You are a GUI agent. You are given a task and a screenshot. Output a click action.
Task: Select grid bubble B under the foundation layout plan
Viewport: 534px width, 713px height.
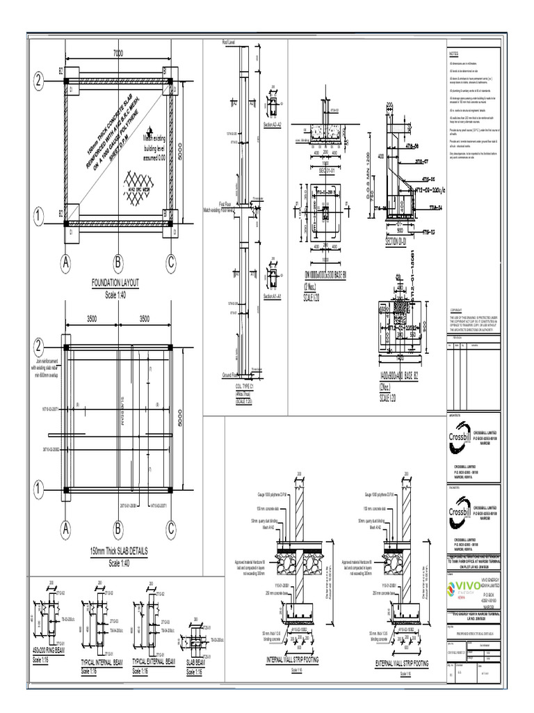tap(118, 263)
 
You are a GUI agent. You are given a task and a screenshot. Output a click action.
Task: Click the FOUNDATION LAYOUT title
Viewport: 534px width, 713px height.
tap(117, 283)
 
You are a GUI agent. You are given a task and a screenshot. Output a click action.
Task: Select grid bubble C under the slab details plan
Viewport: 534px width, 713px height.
tap(170, 529)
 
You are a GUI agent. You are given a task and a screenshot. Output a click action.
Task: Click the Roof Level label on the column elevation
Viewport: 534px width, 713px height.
tap(229, 42)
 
